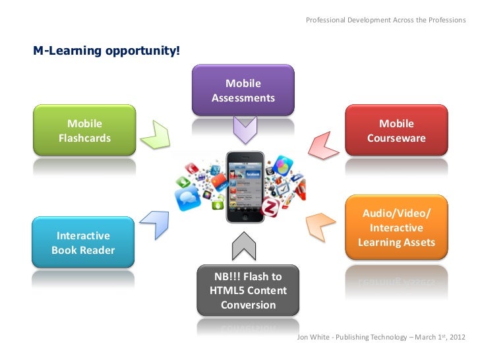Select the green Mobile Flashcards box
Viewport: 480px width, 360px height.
85,131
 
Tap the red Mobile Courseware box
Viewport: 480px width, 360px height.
396,131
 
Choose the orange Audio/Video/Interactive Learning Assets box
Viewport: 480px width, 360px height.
396,228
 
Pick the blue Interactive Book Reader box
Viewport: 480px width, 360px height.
84,243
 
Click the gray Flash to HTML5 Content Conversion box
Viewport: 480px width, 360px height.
248,291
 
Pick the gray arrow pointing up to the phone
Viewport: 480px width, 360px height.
243,249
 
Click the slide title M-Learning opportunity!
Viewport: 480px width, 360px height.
106,51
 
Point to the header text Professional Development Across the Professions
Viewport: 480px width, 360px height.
386,20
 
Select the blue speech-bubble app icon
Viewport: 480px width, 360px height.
186,196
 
